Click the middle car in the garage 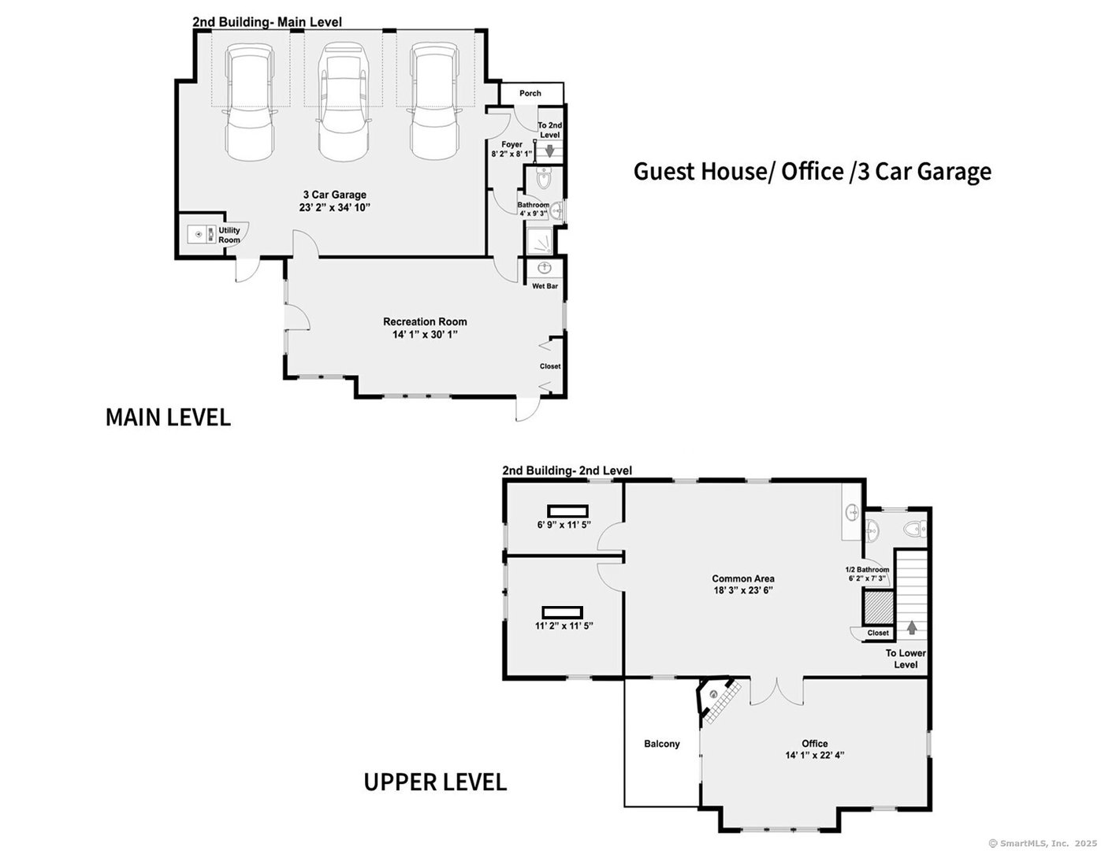[343, 102]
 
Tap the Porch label [530, 93]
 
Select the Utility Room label [229, 235]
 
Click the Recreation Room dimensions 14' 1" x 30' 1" [425, 335]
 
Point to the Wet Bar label [545, 286]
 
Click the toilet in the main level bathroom [544, 180]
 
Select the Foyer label [511, 144]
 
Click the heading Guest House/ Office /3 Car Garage [812, 171]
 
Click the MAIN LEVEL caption [168, 418]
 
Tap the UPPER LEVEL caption [434, 782]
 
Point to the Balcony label [661, 744]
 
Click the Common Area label [742, 578]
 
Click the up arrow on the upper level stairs [912, 627]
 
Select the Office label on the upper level [814, 744]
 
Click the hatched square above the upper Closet [878, 608]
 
